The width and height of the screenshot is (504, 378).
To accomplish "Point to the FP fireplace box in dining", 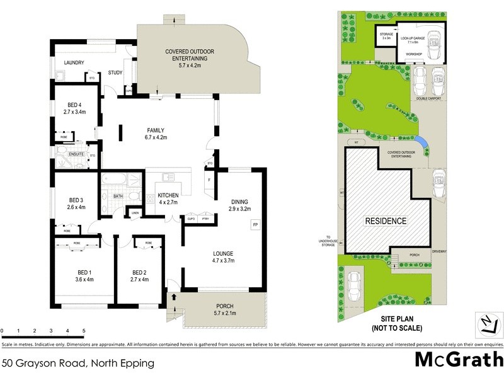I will tap(255, 224).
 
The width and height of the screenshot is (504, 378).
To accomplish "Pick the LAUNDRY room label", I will tap(74, 62).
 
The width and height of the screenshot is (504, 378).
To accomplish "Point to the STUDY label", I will tap(115, 72).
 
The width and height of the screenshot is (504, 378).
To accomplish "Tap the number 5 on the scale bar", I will tap(83, 330).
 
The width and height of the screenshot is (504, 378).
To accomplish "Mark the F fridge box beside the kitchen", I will tap(209, 180).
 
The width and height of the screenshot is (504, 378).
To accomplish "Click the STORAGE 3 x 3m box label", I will tap(386, 37).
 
